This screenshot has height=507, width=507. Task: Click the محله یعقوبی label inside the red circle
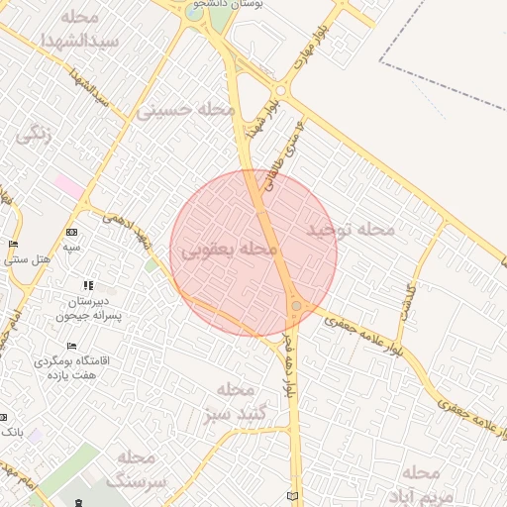[x=228, y=251]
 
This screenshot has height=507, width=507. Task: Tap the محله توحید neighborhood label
[x=350, y=230]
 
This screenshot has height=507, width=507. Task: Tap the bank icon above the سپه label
[x=71, y=232]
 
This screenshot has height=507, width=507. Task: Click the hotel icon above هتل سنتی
[x=13, y=245]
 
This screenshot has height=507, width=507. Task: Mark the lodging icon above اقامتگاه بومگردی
[x=70, y=346]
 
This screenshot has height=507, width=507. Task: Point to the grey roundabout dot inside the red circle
[x=296, y=307]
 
